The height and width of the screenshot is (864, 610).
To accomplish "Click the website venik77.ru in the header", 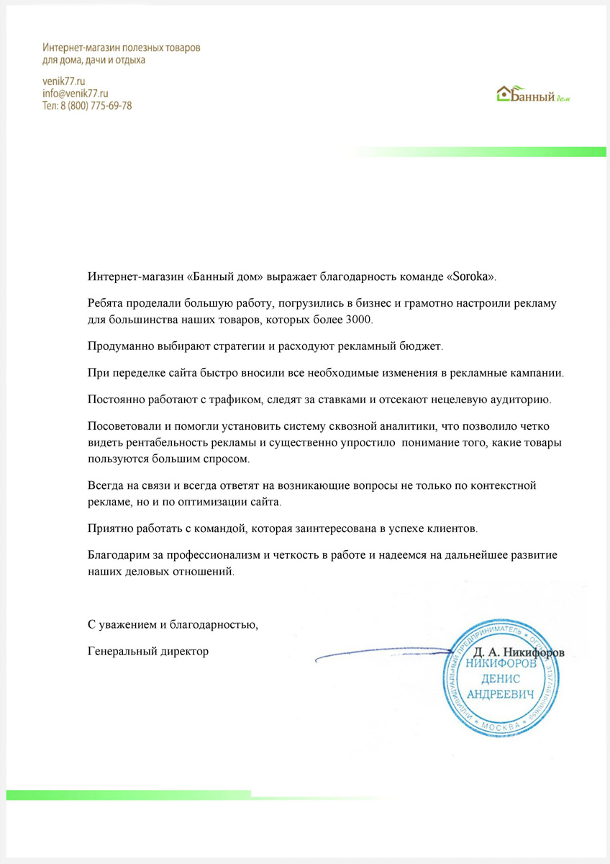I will (x=64, y=81).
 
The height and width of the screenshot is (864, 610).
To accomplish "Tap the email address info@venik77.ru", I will (x=75, y=94).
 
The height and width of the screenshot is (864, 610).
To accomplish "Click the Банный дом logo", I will (x=533, y=94).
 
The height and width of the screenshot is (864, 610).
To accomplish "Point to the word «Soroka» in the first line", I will (x=474, y=276).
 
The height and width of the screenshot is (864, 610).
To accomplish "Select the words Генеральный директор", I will (x=147, y=652).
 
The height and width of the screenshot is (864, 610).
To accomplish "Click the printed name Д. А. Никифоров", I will (x=519, y=652).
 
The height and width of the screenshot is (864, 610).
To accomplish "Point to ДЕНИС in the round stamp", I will (x=501, y=679).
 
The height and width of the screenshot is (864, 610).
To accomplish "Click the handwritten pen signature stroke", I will (x=381, y=653).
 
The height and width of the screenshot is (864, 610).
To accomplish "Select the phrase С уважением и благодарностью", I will (x=173, y=624).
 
